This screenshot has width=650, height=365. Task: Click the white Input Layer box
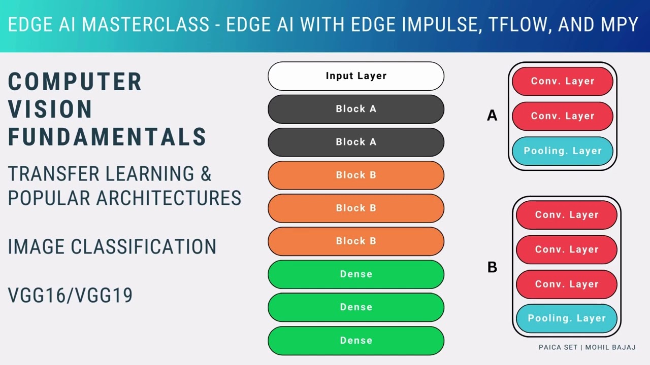(355, 76)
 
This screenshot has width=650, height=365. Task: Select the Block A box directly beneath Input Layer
(355, 109)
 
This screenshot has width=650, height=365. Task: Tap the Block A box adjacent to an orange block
(355, 142)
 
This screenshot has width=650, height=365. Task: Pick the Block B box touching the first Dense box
(355, 241)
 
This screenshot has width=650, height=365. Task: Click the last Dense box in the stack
(355, 340)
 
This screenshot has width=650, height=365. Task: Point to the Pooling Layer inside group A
(562, 151)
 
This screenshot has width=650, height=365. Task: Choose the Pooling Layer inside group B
(566, 318)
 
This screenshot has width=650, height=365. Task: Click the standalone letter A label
(492, 116)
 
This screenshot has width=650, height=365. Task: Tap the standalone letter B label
(492, 267)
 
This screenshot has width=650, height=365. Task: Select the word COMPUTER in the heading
(75, 82)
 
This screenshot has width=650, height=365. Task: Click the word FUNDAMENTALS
(107, 137)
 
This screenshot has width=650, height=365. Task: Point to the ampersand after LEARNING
(206, 174)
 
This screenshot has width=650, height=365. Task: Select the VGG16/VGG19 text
(70, 295)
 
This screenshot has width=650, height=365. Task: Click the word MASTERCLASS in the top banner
(146, 24)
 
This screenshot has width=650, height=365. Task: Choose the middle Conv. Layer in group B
(566, 249)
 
